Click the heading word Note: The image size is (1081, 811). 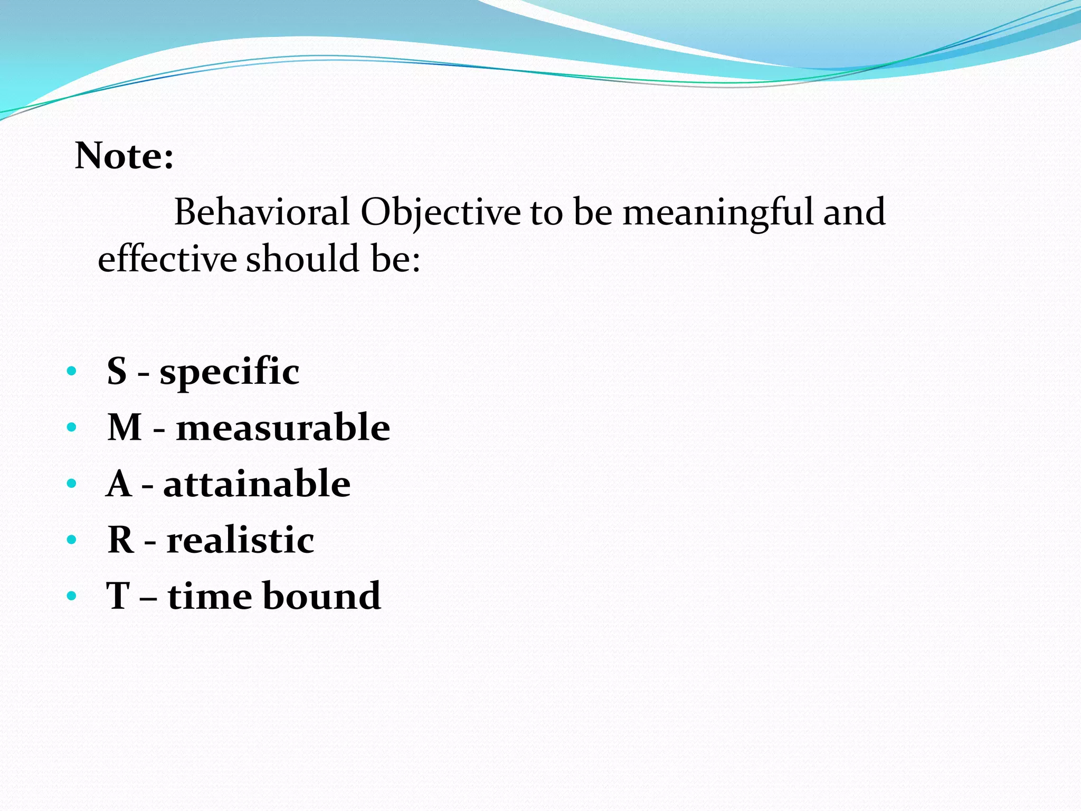coord(124,156)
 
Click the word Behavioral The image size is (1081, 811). coord(262,212)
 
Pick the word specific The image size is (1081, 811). coord(230,372)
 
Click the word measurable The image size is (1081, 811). coord(283,427)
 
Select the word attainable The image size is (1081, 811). coord(257,484)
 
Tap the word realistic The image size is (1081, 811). coord(240,540)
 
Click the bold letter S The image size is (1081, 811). coord(117,371)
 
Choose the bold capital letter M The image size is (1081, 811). coord(125,427)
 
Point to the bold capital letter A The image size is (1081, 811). coord(119,484)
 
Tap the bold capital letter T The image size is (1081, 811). coord(118,596)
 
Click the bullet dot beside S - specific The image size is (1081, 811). coord(72,371)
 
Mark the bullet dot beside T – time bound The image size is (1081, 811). coord(72,597)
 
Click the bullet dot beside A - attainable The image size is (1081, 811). coord(72,484)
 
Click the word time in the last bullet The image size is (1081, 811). coord(210,596)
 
